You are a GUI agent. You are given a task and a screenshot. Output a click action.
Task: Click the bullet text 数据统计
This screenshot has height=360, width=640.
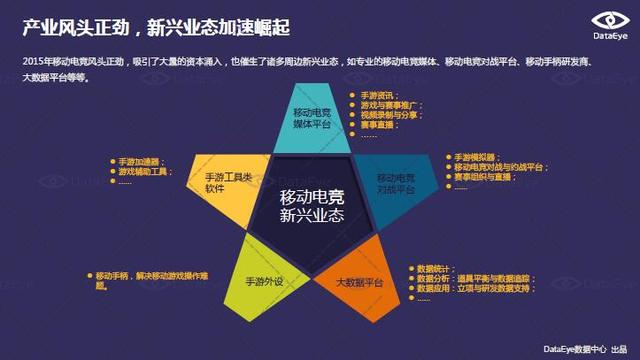434,268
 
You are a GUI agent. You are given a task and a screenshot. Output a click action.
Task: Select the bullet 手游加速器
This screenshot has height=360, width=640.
141,162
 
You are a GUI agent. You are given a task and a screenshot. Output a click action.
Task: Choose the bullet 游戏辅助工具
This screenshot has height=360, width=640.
141,172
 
